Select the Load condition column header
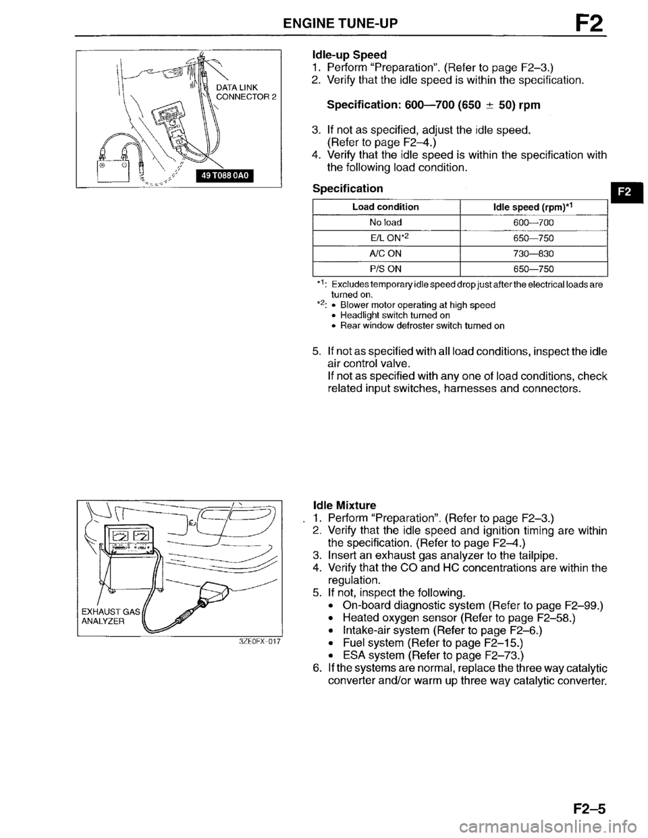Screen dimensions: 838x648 pos(385,207)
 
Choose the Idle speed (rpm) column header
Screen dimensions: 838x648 pos(533,207)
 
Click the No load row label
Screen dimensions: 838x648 pos(385,223)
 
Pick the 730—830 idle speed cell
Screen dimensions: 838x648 pos(533,254)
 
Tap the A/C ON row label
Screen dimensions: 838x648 pos(385,254)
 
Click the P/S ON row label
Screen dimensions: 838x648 pos(385,269)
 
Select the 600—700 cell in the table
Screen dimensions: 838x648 pos(533,223)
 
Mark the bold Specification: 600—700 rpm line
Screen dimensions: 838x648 pos(433,105)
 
